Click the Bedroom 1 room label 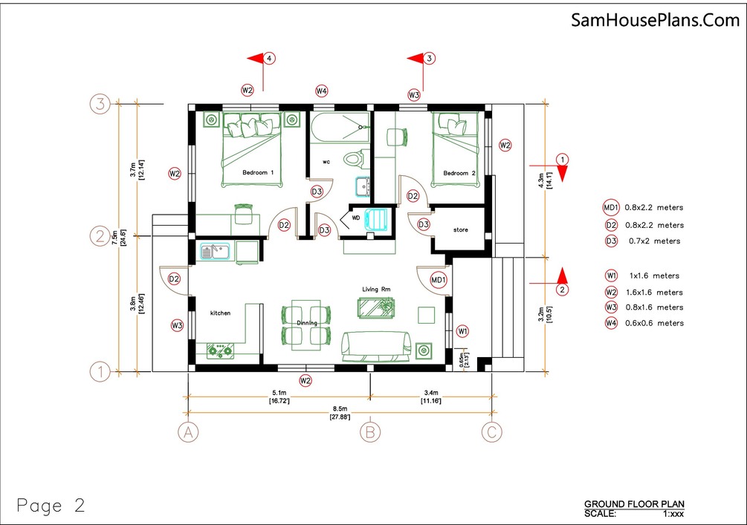(x=258, y=173)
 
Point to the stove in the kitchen (x=219, y=350)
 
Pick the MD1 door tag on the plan (x=439, y=280)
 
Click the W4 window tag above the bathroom (x=321, y=91)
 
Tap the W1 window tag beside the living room (x=462, y=330)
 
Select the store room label (x=461, y=230)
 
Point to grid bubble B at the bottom (x=370, y=431)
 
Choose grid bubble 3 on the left (x=100, y=104)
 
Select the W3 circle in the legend (x=611, y=307)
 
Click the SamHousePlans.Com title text (x=655, y=20)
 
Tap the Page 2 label (x=51, y=506)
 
